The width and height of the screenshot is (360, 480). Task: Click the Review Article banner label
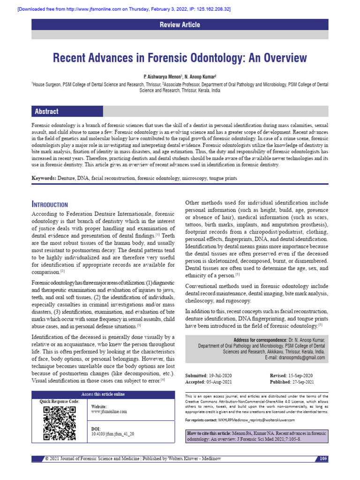(x=180, y=25)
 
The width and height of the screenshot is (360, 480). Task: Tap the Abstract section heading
(x=46, y=112)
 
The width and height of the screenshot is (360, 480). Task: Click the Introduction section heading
(x=50, y=204)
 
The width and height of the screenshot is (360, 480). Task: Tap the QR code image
(x=59, y=423)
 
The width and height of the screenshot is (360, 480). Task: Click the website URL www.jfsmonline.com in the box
(x=109, y=412)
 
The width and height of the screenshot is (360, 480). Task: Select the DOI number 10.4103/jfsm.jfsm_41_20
(x=112, y=434)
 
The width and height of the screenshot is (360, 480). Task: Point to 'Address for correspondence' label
(x=260, y=339)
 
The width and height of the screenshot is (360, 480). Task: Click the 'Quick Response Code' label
(x=59, y=402)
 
